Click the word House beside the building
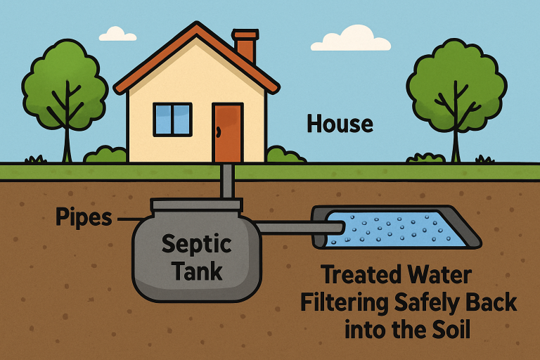[340, 124]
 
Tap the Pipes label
[83, 217]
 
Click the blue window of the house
[172, 120]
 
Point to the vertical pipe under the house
[229, 181]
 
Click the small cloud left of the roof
[117, 33]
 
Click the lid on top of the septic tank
[196, 205]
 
